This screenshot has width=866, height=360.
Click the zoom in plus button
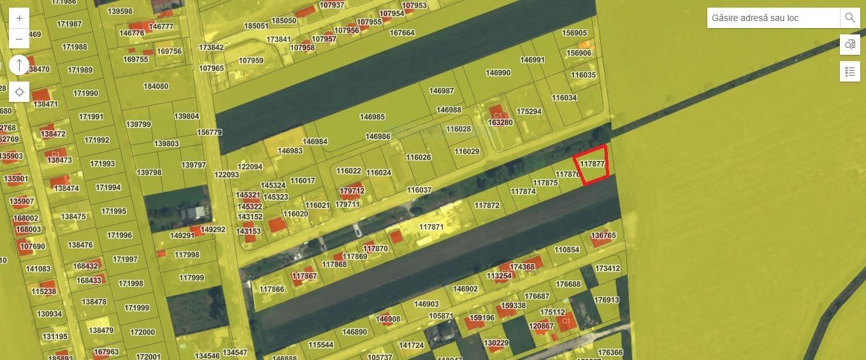(19, 18)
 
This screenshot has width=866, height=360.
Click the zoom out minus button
(19, 39)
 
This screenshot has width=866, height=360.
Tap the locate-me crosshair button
(19, 92)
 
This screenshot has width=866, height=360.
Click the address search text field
(773, 18)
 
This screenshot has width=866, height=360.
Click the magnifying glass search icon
(849, 18)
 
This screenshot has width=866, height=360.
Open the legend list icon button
(849, 71)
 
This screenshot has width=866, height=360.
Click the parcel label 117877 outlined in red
(592, 164)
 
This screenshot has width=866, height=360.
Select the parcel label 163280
(500, 122)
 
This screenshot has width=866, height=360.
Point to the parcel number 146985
(372, 117)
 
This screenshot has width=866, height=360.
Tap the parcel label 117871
(431, 227)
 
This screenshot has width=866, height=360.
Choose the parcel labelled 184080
(156, 86)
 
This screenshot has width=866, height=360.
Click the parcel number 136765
(603, 235)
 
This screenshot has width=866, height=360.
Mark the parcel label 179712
(352, 191)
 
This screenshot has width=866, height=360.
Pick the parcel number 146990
(498, 73)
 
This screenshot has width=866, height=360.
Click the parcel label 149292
(213, 229)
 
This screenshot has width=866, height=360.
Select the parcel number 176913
(606, 299)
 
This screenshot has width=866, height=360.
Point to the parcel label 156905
(574, 32)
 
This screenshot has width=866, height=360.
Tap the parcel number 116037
(419, 190)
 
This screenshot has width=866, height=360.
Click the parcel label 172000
(142, 332)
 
